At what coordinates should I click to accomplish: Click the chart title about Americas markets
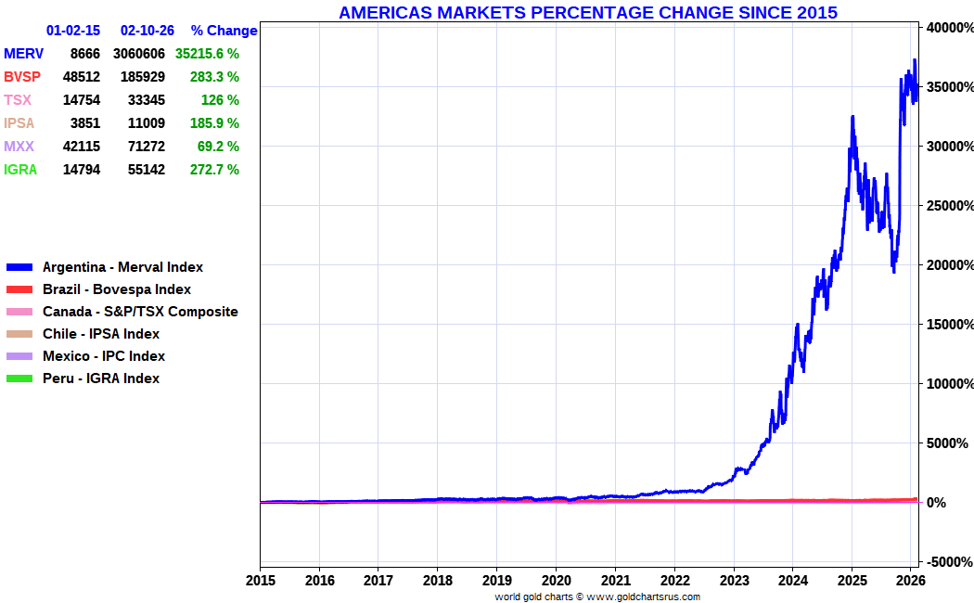588,12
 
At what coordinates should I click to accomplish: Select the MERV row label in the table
23,54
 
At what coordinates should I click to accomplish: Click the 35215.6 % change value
207,54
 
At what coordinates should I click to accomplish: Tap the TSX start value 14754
81,100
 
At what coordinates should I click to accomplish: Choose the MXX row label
19,147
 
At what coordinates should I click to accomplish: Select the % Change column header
224,31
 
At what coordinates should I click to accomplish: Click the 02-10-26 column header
147,31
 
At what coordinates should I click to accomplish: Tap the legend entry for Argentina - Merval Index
122,267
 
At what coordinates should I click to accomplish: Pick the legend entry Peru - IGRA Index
101,378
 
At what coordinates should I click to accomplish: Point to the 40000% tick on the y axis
948,28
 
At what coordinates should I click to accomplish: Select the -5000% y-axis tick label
948,561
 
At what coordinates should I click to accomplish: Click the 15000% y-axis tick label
948,324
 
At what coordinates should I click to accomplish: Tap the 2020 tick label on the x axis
556,581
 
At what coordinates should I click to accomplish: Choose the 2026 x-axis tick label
911,581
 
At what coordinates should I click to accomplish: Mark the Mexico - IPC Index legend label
104,356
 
